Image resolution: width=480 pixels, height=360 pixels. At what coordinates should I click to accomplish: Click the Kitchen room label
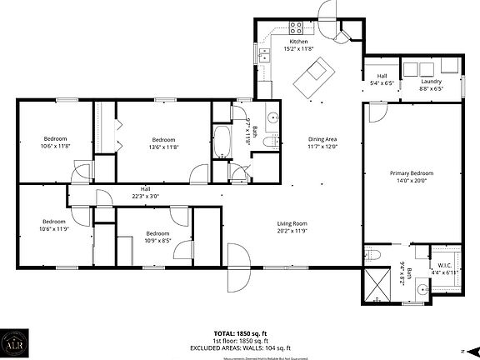(x=298, y=42)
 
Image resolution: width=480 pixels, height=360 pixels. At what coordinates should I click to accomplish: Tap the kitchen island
(x=317, y=77)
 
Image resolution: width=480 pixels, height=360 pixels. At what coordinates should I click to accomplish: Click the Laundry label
(x=431, y=81)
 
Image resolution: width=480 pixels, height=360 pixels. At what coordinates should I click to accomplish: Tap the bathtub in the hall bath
(x=223, y=142)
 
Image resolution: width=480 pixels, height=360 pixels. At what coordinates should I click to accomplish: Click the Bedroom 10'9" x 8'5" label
(x=157, y=237)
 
